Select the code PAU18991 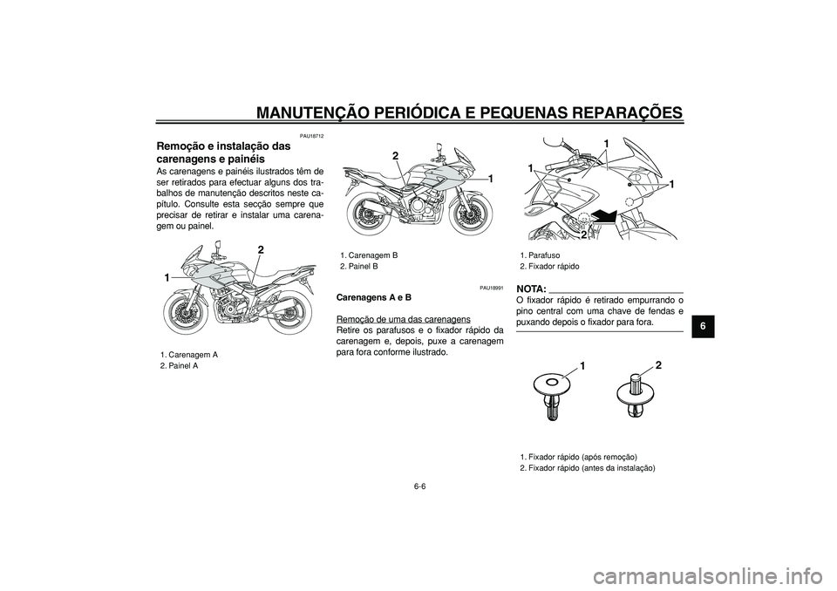click(x=490, y=288)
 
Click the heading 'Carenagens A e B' click(x=374, y=298)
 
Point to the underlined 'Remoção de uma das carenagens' click(x=403, y=319)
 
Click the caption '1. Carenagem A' click(x=188, y=355)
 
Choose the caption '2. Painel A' click(x=179, y=366)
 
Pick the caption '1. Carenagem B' click(x=370, y=255)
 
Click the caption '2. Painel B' click(x=360, y=266)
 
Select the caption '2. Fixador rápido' click(x=549, y=266)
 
